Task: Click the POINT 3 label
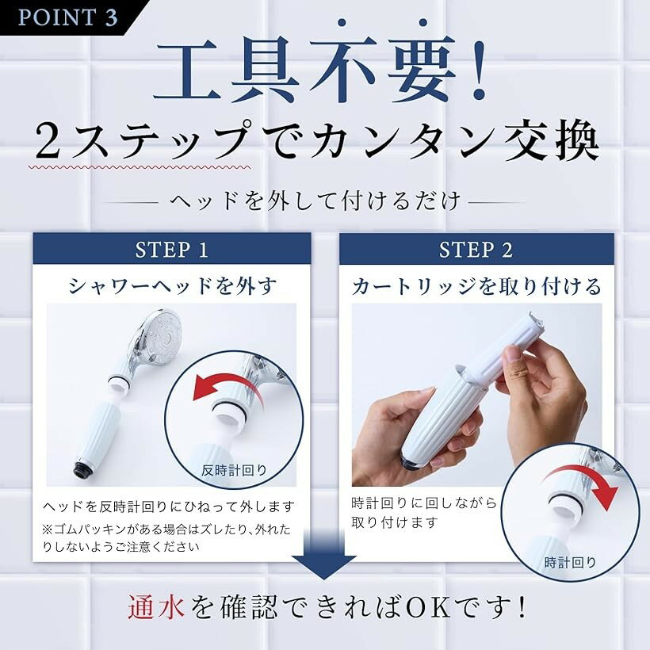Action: (67, 17)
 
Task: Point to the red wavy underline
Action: (140, 167)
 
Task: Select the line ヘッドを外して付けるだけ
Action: (315, 201)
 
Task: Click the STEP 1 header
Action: (172, 250)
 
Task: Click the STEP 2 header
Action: (476, 250)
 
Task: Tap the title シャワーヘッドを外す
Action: (173, 285)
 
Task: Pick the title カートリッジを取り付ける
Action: (476, 286)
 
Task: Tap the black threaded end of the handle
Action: (82, 467)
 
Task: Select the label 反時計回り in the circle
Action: (234, 470)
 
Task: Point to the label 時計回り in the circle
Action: (571, 563)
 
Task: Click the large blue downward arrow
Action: (324, 553)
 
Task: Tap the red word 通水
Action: (156, 608)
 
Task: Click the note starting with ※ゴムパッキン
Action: (166, 538)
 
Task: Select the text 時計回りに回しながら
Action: (423, 503)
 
